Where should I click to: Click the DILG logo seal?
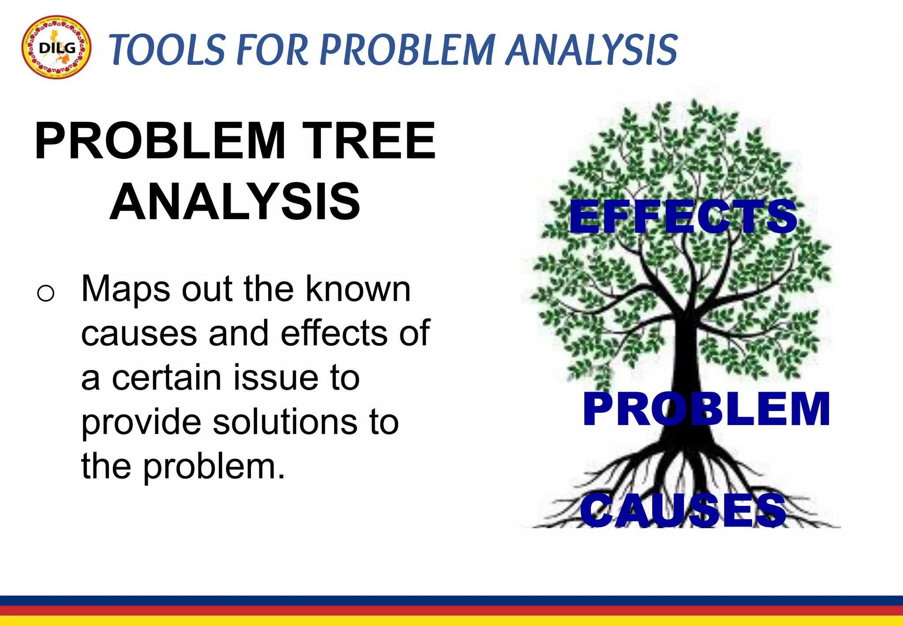[56, 47]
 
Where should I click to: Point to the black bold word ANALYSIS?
[235, 202]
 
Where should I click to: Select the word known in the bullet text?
[358, 289]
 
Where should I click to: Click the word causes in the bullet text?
[139, 334]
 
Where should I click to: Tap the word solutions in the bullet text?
[285, 422]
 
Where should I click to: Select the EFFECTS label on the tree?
[683, 217]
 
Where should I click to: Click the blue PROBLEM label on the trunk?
[706, 409]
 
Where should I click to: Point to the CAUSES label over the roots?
[683, 510]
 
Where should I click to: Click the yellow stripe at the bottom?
[451, 621]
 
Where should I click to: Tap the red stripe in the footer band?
[451, 611]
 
